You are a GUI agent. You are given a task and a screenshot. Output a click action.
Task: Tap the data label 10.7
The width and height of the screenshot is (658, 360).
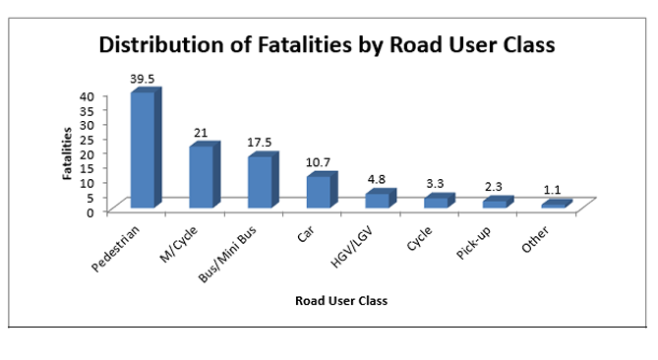click(x=320, y=160)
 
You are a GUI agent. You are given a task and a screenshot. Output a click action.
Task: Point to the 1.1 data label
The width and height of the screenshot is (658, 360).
click(x=554, y=188)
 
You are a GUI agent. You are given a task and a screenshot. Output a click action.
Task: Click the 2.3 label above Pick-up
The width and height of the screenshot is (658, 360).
click(x=496, y=185)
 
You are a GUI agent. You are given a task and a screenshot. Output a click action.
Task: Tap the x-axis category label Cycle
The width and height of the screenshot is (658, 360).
click(x=421, y=239)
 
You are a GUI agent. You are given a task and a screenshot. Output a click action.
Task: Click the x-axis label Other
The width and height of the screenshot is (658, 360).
click(x=537, y=239)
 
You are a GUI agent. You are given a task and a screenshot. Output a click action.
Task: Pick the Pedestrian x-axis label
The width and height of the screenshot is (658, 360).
click(x=117, y=250)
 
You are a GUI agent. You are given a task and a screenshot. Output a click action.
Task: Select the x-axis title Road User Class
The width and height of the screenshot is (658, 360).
click(x=341, y=301)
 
